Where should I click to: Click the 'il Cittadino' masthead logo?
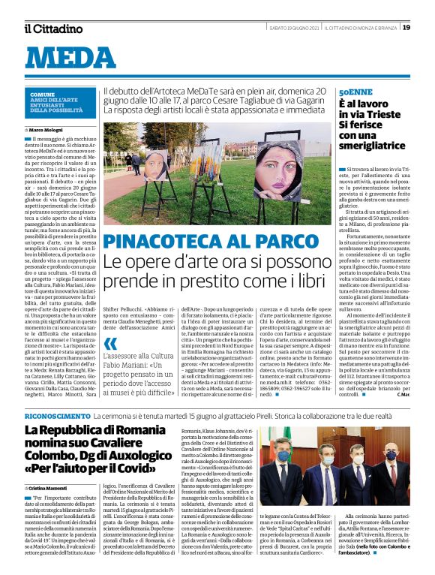tap(53, 28)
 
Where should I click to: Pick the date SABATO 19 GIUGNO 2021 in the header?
tap(295, 27)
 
